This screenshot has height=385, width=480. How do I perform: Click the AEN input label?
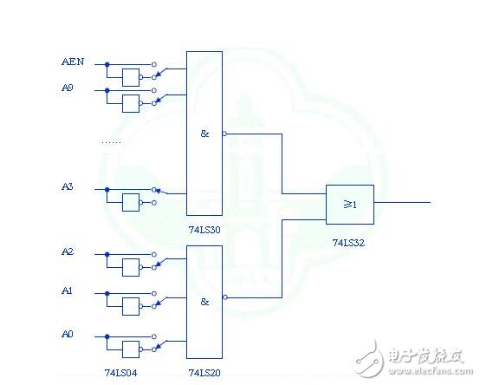point(72,62)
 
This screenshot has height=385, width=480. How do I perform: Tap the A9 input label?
point(68,88)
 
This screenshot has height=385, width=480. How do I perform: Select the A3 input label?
point(68,187)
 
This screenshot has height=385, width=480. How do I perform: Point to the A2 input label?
point(68,252)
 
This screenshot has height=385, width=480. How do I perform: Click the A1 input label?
point(68,292)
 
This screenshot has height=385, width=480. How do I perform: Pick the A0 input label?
point(68,334)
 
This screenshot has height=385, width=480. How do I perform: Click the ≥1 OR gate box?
point(349,204)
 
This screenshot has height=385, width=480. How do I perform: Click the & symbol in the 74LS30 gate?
point(205,134)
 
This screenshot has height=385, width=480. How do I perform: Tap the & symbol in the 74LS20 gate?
point(205,301)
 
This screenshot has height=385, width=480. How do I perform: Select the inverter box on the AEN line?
point(132,77)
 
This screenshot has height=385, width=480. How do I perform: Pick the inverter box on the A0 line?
point(132,349)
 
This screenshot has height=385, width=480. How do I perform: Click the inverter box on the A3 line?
point(132,202)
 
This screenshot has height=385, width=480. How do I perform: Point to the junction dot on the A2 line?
point(107,253)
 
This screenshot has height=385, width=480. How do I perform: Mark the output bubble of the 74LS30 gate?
point(224,134)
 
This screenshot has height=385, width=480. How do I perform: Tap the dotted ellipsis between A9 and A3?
point(111,141)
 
